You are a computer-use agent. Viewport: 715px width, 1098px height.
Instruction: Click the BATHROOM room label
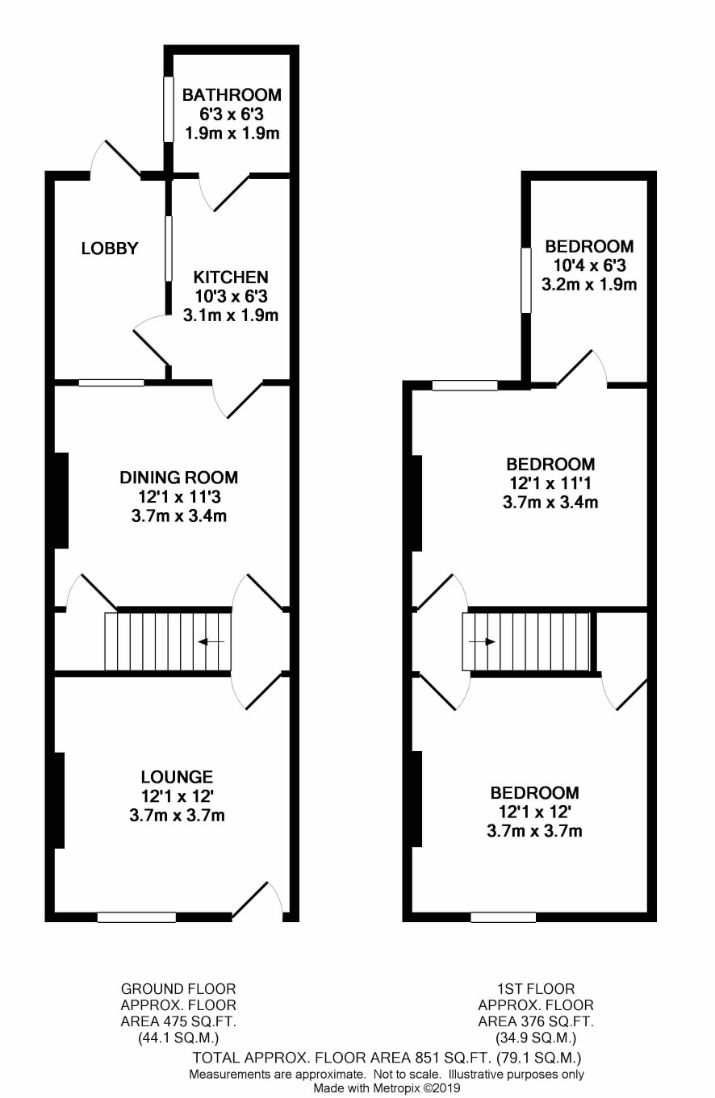click(x=232, y=94)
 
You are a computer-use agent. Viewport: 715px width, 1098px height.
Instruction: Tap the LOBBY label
click(x=110, y=248)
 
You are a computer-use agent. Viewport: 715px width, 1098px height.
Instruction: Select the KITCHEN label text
click(x=231, y=278)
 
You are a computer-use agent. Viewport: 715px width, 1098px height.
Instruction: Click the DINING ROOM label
click(x=178, y=477)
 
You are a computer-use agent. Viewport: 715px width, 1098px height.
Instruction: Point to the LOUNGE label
click(x=177, y=776)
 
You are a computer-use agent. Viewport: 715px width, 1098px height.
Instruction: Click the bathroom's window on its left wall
click(x=168, y=109)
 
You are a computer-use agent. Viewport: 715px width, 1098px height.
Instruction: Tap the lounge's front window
click(x=136, y=916)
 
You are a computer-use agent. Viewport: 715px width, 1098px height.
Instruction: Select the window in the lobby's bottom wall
click(x=111, y=382)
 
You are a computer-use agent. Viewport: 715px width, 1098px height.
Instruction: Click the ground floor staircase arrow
click(x=211, y=641)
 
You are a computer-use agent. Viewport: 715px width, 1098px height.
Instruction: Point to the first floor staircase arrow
click(x=482, y=641)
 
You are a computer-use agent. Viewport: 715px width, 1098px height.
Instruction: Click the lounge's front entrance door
click(x=257, y=900)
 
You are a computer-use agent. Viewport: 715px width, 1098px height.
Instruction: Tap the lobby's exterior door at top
click(x=115, y=158)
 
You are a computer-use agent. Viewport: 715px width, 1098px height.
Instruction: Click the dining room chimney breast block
click(x=61, y=500)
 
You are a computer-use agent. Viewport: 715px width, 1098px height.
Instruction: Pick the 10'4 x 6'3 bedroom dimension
click(x=589, y=265)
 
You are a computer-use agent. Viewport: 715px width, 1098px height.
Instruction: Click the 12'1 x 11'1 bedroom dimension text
click(x=550, y=483)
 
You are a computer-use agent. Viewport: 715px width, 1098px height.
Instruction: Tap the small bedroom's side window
click(x=525, y=281)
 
